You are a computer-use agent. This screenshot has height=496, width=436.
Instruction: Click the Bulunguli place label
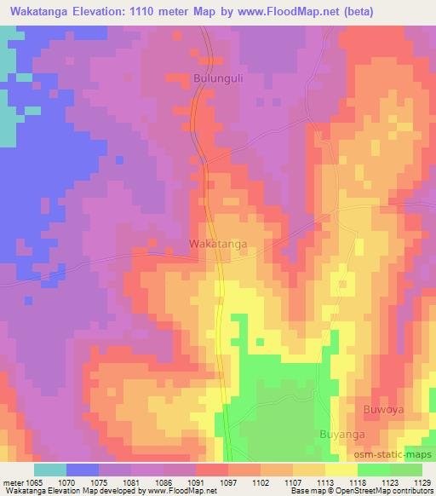(x=219, y=78)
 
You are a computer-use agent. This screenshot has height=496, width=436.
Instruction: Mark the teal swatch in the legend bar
(x=50, y=469)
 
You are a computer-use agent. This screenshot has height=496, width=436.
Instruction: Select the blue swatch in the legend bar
(x=83, y=469)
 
